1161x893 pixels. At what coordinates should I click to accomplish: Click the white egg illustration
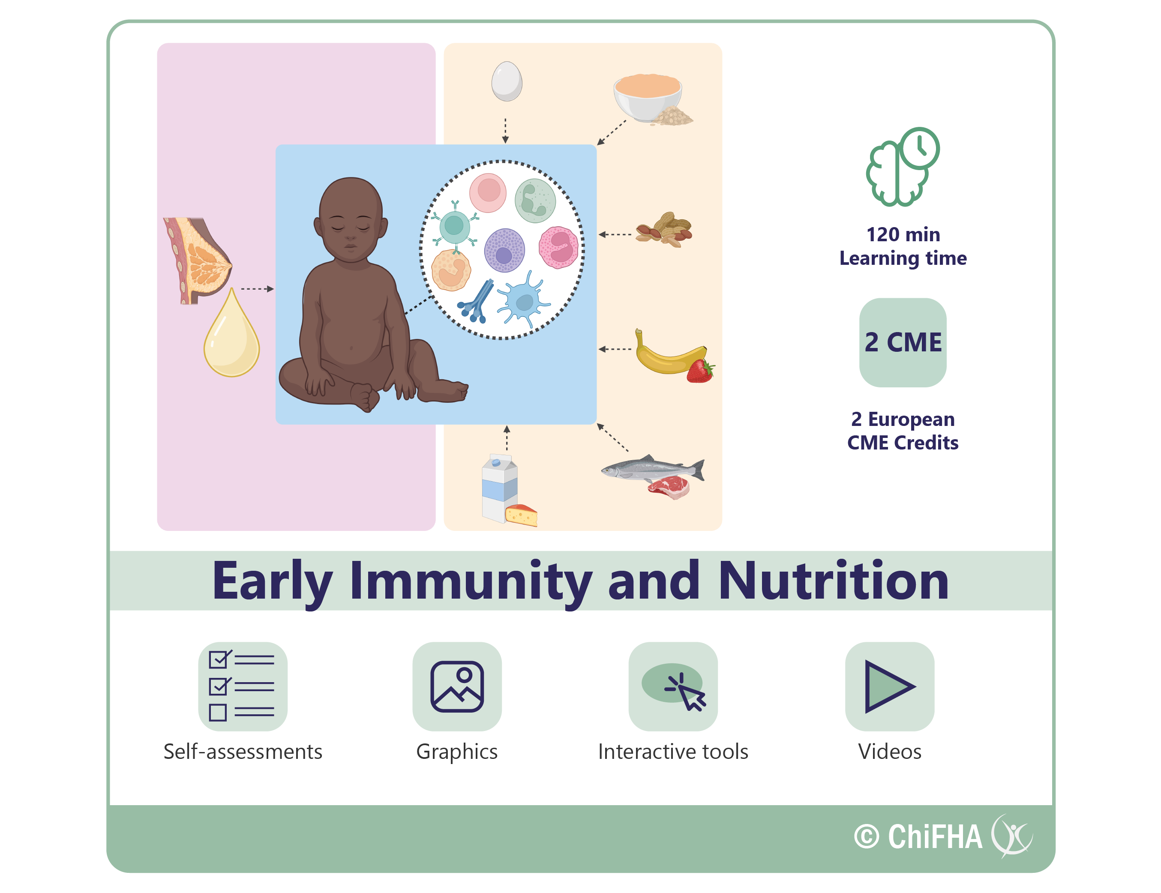[x=507, y=81]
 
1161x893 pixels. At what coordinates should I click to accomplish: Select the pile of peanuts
[x=664, y=230]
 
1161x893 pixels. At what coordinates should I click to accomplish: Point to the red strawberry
[x=700, y=371]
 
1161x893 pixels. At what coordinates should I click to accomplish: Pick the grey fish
[x=653, y=468]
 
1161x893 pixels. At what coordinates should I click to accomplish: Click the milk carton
[x=500, y=488]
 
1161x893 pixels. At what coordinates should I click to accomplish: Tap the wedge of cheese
[x=522, y=515]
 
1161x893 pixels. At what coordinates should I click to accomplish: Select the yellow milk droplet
[x=232, y=334]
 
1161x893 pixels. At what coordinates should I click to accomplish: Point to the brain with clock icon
[x=903, y=166]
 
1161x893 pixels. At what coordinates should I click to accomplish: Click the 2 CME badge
[x=903, y=342]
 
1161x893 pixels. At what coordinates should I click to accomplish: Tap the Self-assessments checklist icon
[x=243, y=686]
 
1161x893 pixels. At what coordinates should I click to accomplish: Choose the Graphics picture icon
[x=457, y=686]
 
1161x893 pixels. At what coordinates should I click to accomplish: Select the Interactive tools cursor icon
[x=673, y=686]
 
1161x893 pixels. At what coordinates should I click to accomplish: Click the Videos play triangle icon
[x=889, y=686]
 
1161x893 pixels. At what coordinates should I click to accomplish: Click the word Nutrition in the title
[x=833, y=581]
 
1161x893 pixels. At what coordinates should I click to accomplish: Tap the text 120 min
[x=903, y=234]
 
